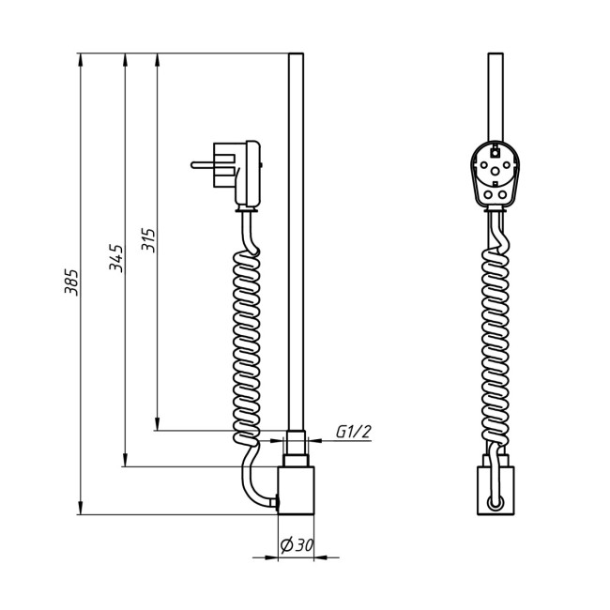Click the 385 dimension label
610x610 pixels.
pyautogui.click(x=71, y=282)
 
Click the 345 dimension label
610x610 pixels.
pyautogui.click(x=116, y=258)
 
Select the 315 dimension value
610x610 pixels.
pyautogui.click(x=148, y=240)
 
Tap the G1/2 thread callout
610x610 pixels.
pyautogui.click(x=354, y=432)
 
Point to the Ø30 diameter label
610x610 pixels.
pyautogui.click(x=297, y=545)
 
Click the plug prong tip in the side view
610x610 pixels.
pyautogui.click(x=191, y=165)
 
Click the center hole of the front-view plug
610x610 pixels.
pyautogui.click(x=495, y=171)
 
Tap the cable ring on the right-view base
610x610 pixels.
pyautogui.click(x=495, y=503)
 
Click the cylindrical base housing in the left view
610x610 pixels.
pyautogui.click(x=296, y=490)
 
